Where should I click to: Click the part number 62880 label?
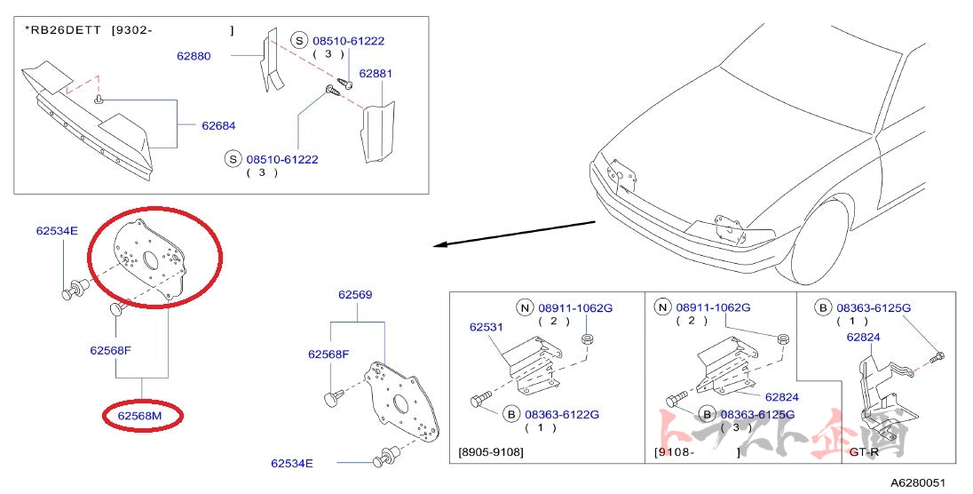(x=193, y=56)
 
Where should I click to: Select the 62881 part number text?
(x=376, y=74)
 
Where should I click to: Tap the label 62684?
(x=218, y=126)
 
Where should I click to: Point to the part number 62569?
(x=355, y=294)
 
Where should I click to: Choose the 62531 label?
(x=486, y=327)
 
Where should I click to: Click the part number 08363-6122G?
(x=562, y=414)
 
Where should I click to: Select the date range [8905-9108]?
(x=491, y=452)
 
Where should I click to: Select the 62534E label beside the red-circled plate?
(x=57, y=230)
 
